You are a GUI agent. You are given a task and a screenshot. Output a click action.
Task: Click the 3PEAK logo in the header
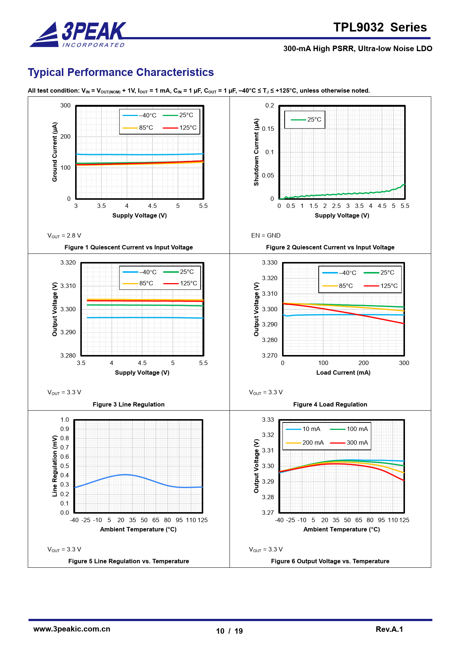click(78, 34)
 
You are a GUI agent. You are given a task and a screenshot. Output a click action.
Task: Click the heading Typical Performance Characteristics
click(121, 72)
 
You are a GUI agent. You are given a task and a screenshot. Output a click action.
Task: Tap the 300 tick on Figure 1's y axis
click(66, 106)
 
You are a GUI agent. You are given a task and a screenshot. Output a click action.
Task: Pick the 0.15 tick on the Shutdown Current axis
click(268, 129)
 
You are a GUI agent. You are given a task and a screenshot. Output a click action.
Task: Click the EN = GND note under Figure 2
click(266, 236)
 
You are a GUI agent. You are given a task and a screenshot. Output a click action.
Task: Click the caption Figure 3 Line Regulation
click(128, 404)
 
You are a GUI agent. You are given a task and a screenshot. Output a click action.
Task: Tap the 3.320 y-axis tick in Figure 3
click(68, 263)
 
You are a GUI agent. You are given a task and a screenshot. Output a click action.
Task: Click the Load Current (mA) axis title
click(343, 373)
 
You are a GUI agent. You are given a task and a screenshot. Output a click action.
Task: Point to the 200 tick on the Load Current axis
click(363, 363)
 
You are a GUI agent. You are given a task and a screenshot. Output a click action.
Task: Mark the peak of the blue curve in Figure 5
click(125, 474)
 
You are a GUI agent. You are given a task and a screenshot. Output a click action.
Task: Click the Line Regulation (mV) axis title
click(55, 466)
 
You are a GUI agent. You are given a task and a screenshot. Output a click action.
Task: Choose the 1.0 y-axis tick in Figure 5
click(65, 420)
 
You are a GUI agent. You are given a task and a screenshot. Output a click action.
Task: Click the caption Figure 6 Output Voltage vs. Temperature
click(330, 561)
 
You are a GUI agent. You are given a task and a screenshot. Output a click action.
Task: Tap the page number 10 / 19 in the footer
click(229, 631)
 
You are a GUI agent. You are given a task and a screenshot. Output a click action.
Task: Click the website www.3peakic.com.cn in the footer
click(72, 629)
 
